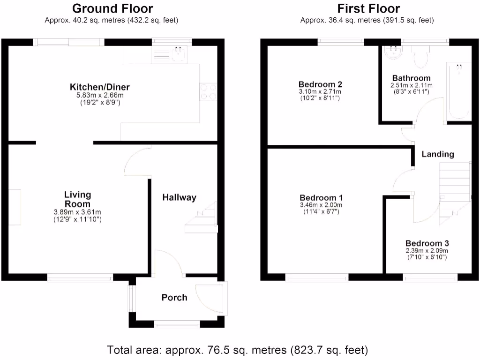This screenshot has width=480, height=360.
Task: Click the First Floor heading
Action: (368, 8)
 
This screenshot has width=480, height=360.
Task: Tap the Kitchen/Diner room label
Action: (99, 87)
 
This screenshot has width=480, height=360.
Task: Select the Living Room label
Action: (77, 199)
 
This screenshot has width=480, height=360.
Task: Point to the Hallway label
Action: (179, 198)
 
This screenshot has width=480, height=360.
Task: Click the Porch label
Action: (174, 297)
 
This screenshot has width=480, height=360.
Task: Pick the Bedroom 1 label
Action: (321, 197)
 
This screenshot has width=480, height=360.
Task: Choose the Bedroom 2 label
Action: (320, 84)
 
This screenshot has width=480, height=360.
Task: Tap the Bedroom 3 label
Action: (427, 243)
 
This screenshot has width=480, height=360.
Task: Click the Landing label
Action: (437, 154)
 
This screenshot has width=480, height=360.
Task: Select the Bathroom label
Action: (411, 78)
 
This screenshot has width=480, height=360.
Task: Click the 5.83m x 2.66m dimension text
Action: (99, 96)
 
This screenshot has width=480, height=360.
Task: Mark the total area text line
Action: (238, 350)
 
